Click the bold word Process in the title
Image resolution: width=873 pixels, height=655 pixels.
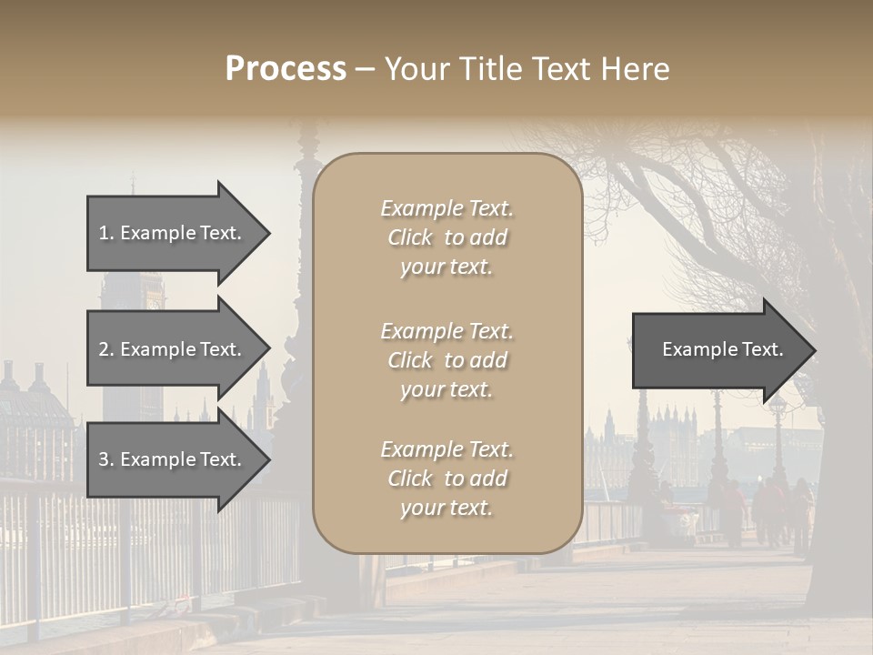point(286,69)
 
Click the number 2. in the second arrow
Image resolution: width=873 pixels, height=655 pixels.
point(105,349)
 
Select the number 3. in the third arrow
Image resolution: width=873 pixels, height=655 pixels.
point(105,459)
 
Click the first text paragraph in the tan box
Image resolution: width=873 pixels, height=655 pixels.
point(447,237)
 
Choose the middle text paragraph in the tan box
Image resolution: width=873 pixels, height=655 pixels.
point(447,360)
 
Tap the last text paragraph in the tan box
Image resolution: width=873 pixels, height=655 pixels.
point(447,479)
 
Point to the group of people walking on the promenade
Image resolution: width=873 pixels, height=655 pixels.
point(773,509)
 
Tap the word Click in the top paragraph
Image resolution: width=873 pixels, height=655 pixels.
point(410,237)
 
